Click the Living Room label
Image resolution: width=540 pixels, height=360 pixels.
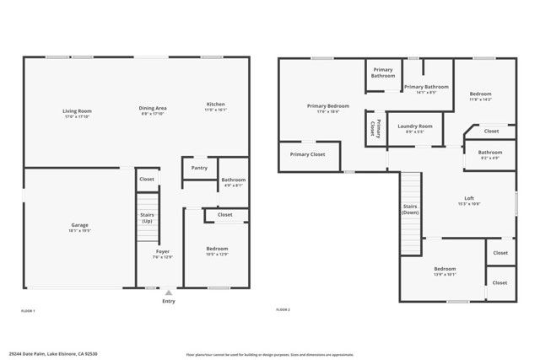click(77, 110)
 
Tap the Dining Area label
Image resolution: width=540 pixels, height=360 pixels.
click(153, 107)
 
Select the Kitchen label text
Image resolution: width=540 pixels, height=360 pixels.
click(216, 105)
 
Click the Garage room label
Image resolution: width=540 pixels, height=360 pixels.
click(79, 225)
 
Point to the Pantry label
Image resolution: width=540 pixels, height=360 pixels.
click(199, 168)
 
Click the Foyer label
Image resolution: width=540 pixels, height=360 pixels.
click(163, 251)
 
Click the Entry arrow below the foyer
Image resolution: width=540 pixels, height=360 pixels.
click(169, 293)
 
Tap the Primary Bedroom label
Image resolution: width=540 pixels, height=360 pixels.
click(328, 106)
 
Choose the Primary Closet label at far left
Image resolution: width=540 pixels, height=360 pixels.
click(307, 154)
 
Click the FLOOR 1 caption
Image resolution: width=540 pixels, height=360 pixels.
click(28, 311)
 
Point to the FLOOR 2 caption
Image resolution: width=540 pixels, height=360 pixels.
click(283, 310)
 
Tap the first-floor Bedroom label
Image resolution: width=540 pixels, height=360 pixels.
click(217, 249)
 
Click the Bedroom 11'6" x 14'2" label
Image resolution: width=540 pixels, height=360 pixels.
click(480, 94)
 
